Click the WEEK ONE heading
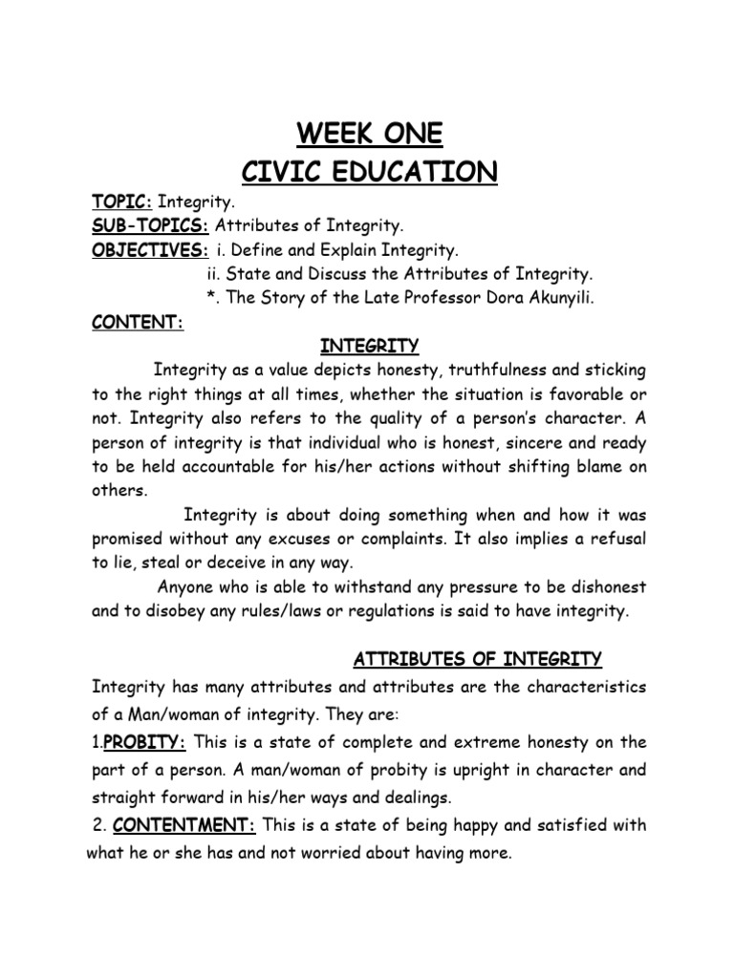(x=368, y=133)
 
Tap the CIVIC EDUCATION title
(x=368, y=172)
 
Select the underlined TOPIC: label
(x=122, y=202)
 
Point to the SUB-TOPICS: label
(x=150, y=226)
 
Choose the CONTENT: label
(x=137, y=322)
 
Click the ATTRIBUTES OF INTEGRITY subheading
(x=478, y=659)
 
